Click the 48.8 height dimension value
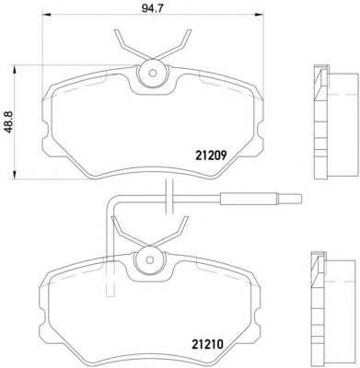click(9, 121)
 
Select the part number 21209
click(211, 156)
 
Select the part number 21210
click(207, 344)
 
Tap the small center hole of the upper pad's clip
click(153, 73)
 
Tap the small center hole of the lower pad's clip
click(150, 260)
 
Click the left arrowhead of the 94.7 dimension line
click(46, 15)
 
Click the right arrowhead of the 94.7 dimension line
click(260, 15)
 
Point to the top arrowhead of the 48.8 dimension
click(14, 69)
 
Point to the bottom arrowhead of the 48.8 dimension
click(14, 175)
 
